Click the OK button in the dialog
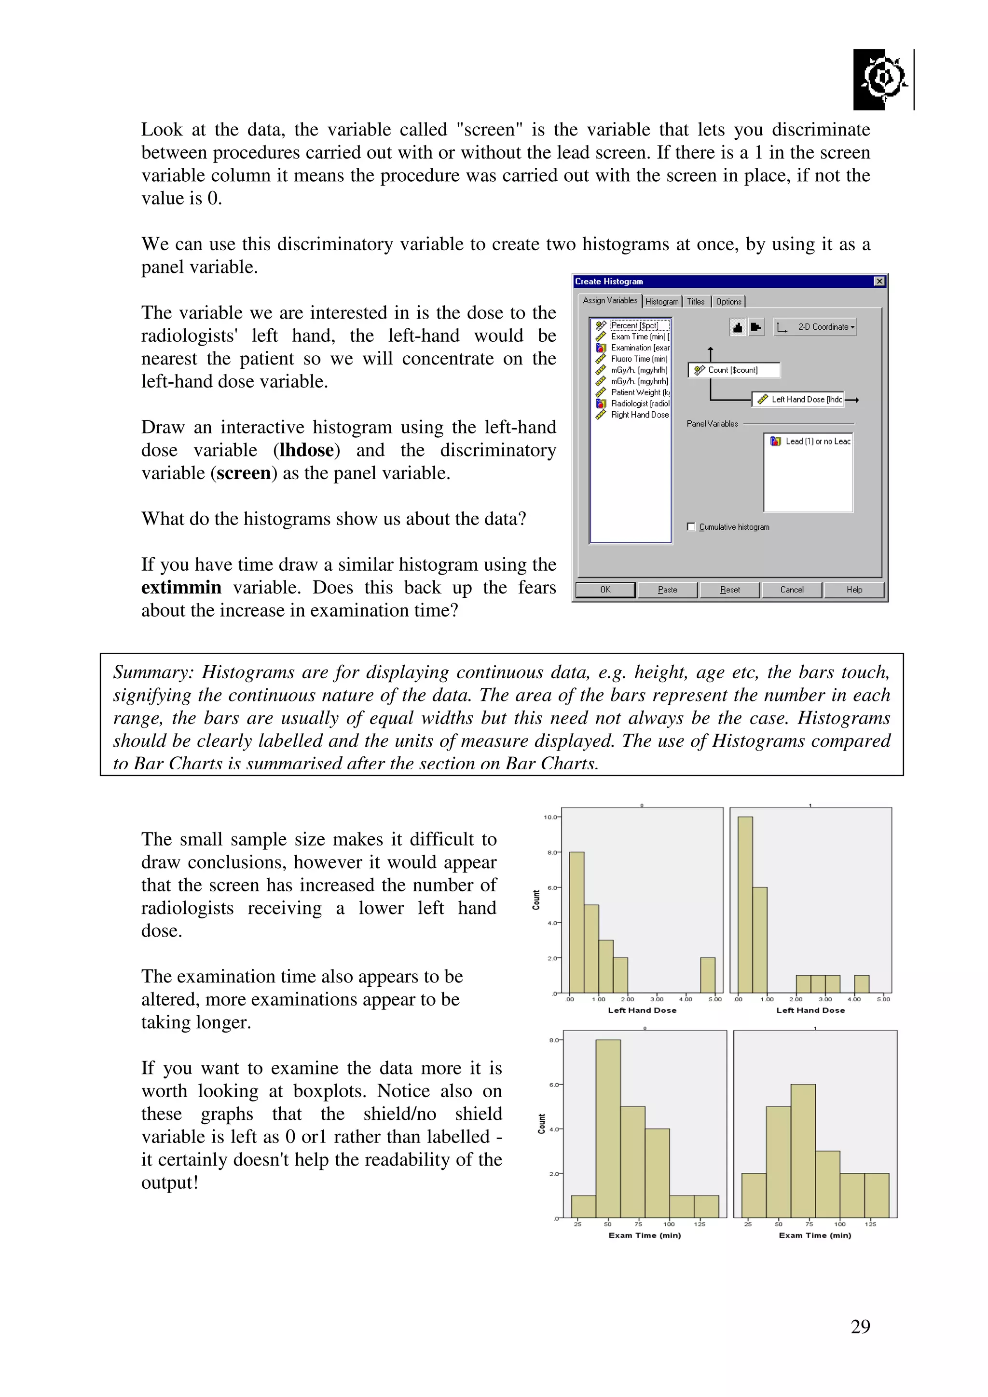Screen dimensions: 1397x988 [604, 590]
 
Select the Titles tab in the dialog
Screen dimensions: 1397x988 [695, 301]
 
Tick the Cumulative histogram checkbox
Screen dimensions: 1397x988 [691, 527]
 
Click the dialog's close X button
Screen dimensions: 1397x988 [878, 281]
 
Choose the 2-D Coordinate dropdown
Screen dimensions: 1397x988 [815, 327]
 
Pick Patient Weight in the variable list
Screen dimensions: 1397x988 [639, 392]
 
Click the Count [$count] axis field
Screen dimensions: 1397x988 [734, 370]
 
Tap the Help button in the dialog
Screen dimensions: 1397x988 [853, 590]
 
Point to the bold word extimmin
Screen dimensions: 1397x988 [181, 588]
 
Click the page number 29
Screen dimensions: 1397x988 [860, 1327]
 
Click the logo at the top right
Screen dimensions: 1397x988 [881, 79]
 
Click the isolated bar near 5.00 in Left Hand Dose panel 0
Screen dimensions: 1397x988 [707, 975]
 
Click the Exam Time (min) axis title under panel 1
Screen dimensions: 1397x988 [814, 1235]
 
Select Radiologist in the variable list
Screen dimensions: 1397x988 [639, 403]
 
